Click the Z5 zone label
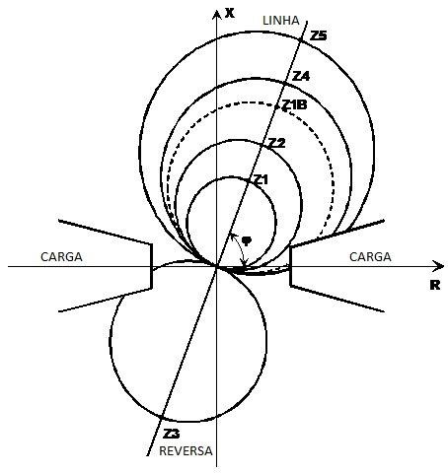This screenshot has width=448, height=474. (319, 35)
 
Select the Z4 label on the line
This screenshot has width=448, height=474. (301, 76)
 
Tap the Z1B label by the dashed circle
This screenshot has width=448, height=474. (295, 104)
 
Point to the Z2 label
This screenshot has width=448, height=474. (277, 143)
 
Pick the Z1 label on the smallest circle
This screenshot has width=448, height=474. (261, 179)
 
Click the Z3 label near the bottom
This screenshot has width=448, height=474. (172, 434)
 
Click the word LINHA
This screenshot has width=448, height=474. (281, 21)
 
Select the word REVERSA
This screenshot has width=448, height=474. (186, 451)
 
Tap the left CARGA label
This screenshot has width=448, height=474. (61, 257)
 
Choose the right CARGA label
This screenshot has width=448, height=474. (370, 257)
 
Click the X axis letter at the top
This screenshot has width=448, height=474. (230, 13)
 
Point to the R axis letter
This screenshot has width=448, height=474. (435, 285)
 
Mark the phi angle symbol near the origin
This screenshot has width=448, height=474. (247, 240)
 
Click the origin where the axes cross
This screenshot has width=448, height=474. (216, 266)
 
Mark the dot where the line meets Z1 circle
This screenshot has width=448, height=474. (249, 179)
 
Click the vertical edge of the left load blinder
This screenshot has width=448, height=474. (152, 266)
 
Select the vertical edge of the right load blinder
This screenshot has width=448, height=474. (290, 266)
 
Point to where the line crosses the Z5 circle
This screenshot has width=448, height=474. (300, 40)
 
